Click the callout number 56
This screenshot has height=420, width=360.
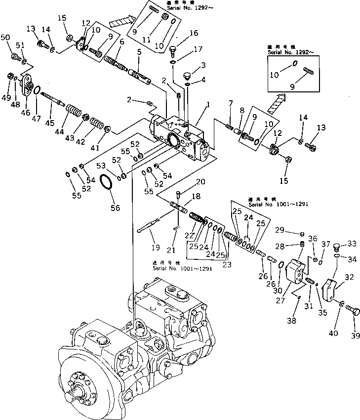tap(115, 208)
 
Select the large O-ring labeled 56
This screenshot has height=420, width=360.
tap(108, 183)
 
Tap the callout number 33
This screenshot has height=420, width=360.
tap(352, 244)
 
